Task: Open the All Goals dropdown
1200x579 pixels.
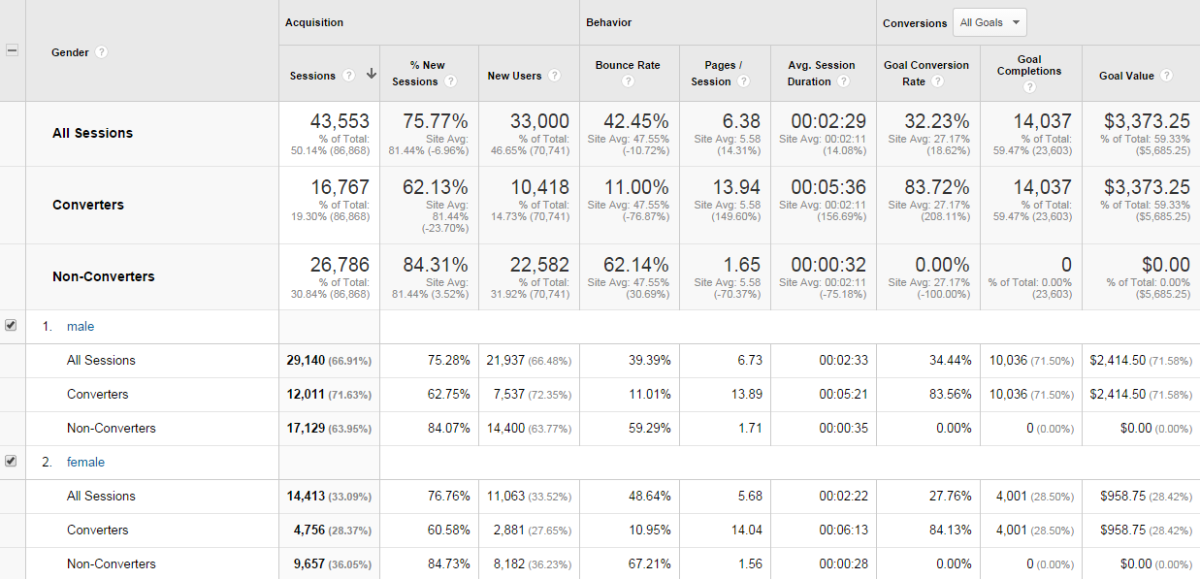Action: [989, 22]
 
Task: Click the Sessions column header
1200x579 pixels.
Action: [312, 76]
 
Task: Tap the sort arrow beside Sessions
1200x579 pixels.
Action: [371, 75]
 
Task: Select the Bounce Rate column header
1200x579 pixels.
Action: [628, 65]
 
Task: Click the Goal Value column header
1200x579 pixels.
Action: [1126, 76]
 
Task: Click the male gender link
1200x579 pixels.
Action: [81, 327]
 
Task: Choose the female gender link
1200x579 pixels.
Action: [85, 463]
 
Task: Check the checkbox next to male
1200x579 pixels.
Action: [11, 326]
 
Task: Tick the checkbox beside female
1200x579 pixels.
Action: [11, 462]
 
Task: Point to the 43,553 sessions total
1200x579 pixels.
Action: [340, 121]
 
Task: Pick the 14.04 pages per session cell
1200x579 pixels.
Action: [746, 531]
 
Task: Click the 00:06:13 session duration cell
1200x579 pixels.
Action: [839, 531]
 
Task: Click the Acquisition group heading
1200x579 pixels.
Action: [314, 22]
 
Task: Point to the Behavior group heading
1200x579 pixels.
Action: [608, 22]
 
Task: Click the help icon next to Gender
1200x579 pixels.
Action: [101, 52]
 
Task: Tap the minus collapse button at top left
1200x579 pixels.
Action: [12, 50]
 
